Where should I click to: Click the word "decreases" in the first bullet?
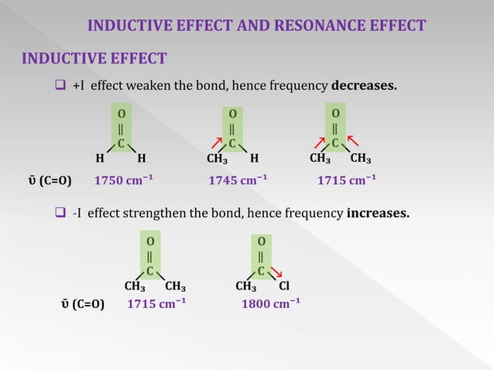click(363, 84)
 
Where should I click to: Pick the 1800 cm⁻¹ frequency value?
click(271, 303)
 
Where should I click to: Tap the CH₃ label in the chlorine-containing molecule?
click(246, 286)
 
